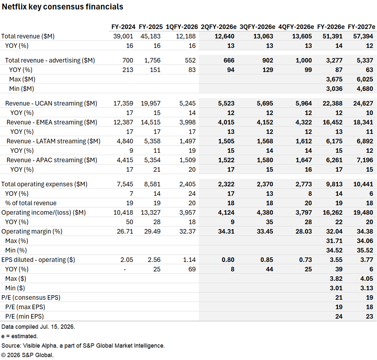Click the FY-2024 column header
point(123,27)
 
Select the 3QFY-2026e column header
point(257,27)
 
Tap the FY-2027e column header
point(362,27)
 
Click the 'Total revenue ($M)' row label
point(28,36)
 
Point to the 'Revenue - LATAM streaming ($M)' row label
point(54,141)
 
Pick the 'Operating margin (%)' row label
point(32,231)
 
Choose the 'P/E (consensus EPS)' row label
point(31,298)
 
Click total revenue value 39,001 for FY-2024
point(123,36)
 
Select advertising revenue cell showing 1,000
point(303,60)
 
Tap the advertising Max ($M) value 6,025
point(365,79)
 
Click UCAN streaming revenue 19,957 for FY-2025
point(150,103)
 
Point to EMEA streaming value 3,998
point(187,122)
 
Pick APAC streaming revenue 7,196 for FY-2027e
point(365,160)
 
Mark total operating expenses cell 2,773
point(303,184)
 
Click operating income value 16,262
point(332,213)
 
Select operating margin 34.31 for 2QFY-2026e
point(226,231)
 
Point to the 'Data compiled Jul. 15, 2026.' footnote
point(38,327)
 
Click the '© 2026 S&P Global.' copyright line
point(28,355)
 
